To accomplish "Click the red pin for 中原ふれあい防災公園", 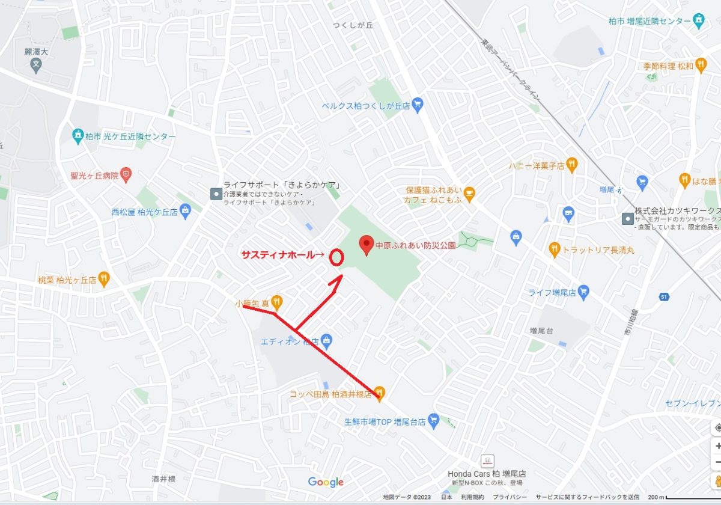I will tap(367, 245).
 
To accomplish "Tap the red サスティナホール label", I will tap(278, 255).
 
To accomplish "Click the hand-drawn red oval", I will tap(336, 257).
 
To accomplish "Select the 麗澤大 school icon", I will tap(35, 64).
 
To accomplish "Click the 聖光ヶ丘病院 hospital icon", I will tap(126, 176).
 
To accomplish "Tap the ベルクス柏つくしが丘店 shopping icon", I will tap(418, 105).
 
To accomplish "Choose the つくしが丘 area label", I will tap(353, 25).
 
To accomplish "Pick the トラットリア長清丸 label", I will tap(598, 249).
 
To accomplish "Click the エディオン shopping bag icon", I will tap(326, 341).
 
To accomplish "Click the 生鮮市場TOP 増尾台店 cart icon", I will tap(434, 421).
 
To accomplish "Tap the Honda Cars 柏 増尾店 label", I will tap(487, 474).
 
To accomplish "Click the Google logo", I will tap(326, 482).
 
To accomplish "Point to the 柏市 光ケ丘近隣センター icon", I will tap(78, 136).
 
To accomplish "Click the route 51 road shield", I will tap(663, 296).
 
